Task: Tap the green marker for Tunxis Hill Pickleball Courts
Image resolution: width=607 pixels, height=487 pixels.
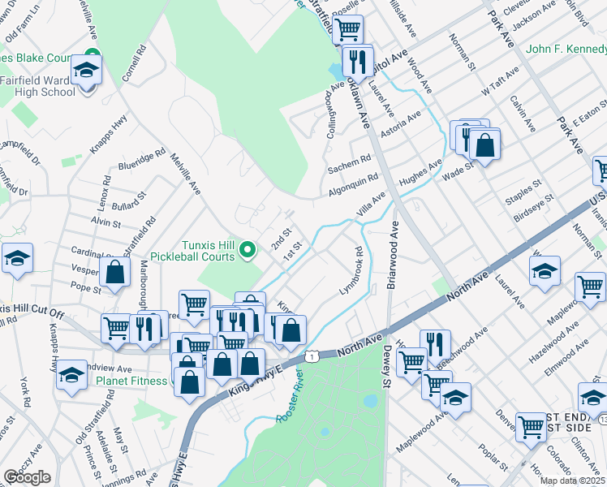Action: tap(251, 248)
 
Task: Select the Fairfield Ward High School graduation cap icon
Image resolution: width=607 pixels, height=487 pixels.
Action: tap(84, 71)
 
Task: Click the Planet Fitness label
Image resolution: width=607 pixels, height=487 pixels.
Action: tap(131, 379)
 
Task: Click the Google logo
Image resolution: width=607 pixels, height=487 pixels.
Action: tap(28, 477)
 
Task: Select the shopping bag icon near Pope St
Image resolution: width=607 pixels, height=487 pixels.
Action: tap(115, 274)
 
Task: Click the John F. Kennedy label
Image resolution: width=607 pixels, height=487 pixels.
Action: tap(565, 49)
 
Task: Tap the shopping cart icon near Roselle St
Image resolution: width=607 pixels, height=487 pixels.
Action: tap(347, 30)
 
